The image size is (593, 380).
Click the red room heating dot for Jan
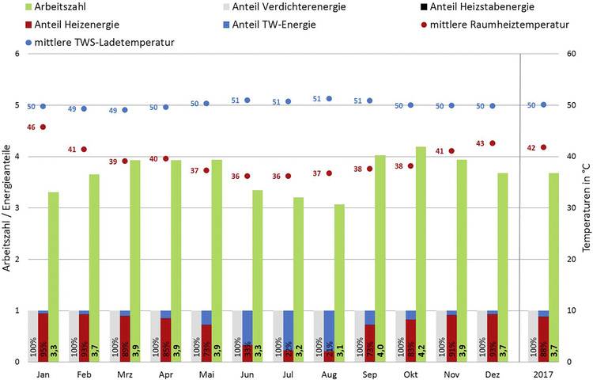[x=43, y=127]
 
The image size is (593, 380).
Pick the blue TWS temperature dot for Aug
[x=329, y=99]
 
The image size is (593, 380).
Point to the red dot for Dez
[x=493, y=143]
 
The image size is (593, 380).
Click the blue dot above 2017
[x=543, y=104]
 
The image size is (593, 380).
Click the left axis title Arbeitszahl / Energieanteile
[x=6, y=207]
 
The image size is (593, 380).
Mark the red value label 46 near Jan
[x=31, y=127]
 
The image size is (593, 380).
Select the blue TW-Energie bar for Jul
[x=289, y=332]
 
